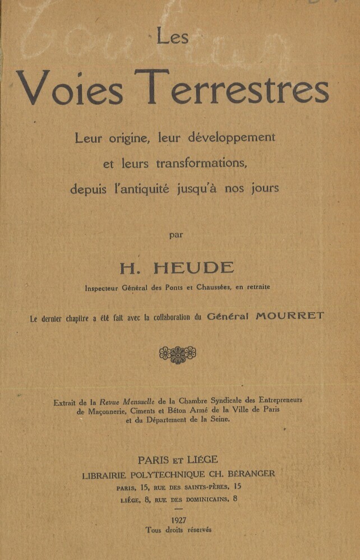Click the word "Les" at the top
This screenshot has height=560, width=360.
click(172, 37)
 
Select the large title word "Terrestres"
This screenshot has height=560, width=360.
click(232, 89)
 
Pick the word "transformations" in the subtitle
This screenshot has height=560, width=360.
click(201, 163)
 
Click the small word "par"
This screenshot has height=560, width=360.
click(177, 234)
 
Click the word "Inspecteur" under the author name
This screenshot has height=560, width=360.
click(103, 288)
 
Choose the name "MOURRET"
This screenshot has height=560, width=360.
click(290, 316)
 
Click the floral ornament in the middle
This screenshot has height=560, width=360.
click(177, 354)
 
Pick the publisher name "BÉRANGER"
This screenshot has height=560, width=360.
click(250, 474)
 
